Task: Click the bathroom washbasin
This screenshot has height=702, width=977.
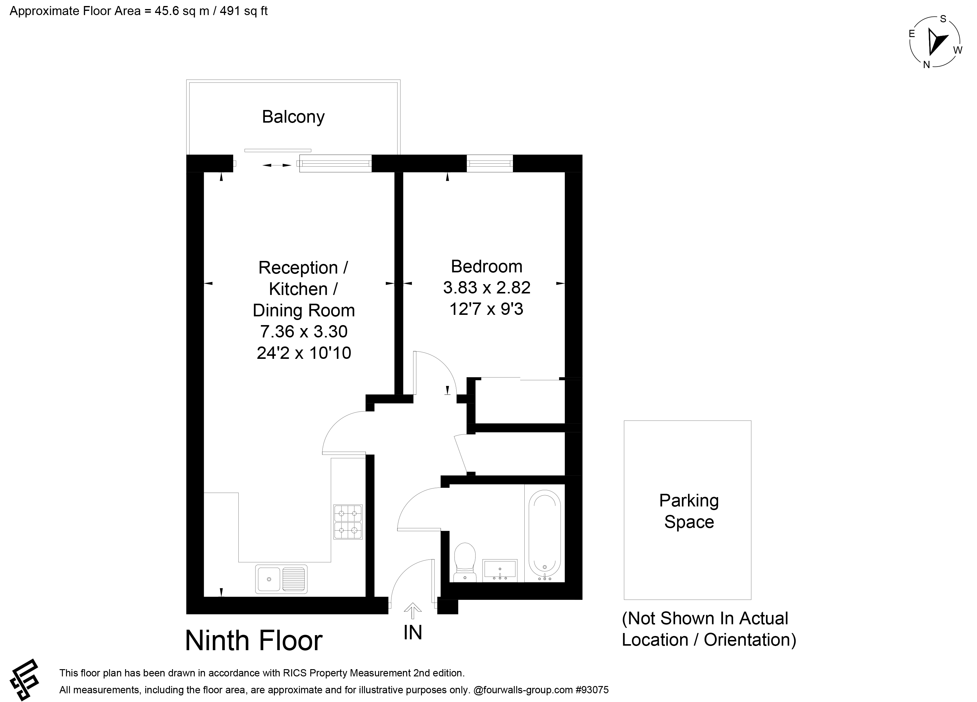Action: coord(500,570)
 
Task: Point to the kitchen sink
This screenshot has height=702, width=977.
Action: coord(281,579)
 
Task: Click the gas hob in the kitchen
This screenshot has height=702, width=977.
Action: coord(348,522)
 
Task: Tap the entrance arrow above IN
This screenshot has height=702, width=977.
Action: coord(413,610)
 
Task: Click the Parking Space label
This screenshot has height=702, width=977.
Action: coord(689,511)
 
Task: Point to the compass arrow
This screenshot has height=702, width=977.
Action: coord(937,47)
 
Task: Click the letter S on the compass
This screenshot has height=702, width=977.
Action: coord(943,18)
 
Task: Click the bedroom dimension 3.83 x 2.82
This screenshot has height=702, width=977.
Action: coord(487,288)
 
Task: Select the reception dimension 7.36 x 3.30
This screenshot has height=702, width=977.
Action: coord(304,332)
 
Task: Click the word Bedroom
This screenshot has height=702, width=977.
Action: coord(487,267)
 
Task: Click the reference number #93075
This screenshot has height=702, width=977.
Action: coord(592,690)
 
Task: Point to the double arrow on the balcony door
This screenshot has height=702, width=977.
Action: coord(277,165)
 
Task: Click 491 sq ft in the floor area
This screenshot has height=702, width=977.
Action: coord(243,11)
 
